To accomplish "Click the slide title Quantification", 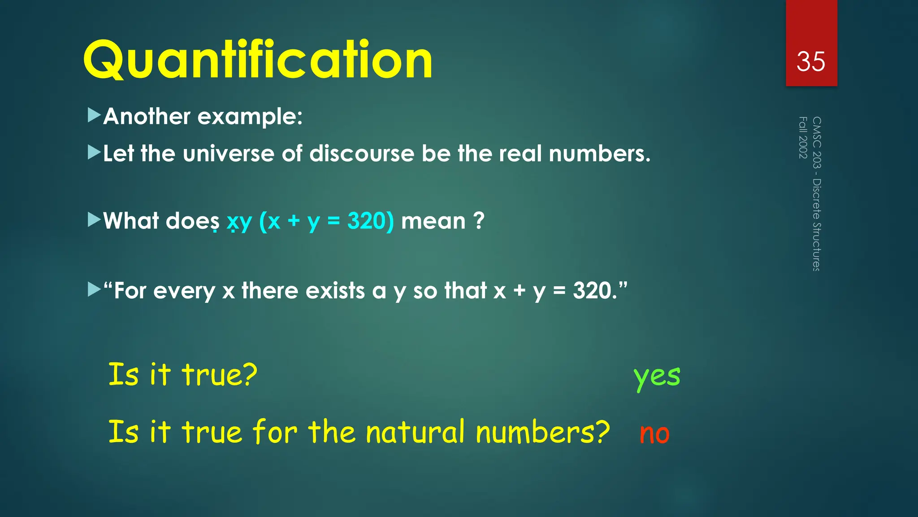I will coord(258,60).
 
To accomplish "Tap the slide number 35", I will coord(810,61).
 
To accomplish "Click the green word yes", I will coord(657,376).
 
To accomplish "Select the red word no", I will coord(654,434).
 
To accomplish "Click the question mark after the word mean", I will coord(479,221).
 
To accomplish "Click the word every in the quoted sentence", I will coord(184,291).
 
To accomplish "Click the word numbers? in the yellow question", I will coord(542,432).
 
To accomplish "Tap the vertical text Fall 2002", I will coord(803,137).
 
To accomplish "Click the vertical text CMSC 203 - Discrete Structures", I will coord(817,194).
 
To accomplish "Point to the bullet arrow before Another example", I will coord(94,115).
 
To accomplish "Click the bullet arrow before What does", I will coord(94,220).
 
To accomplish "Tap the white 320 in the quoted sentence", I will coord(592,291).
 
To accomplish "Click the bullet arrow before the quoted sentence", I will coord(94,289).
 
